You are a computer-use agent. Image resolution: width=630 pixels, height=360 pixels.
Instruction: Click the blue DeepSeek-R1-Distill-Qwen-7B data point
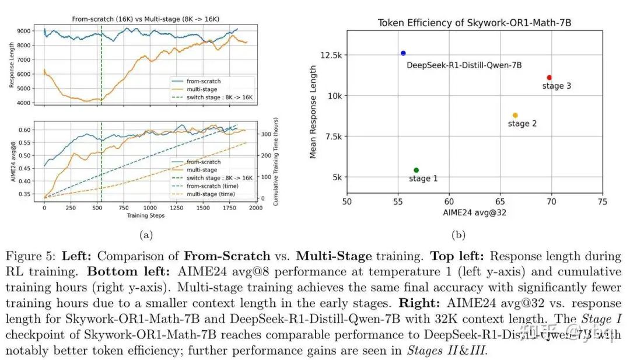tap(403, 53)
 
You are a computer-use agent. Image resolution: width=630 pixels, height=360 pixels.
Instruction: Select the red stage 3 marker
tap(549, 77)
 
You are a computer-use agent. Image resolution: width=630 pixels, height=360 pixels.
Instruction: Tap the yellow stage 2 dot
tap(515, 115)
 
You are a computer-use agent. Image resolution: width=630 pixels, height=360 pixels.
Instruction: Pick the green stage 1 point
tap(416, 170)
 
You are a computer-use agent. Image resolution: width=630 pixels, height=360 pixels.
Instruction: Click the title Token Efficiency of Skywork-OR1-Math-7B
tap(474, 23)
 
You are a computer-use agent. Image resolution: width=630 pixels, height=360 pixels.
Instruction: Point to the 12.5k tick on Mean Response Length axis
tap(331, 55)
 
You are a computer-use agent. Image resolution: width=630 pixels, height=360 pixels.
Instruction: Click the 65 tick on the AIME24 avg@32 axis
tap(500, 201)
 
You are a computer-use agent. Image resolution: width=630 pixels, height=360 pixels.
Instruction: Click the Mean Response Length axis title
tap(313, 112)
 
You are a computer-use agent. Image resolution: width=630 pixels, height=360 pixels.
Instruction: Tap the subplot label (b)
tap(458, 235)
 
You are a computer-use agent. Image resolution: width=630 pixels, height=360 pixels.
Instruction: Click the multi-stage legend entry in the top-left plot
tap(202, 89)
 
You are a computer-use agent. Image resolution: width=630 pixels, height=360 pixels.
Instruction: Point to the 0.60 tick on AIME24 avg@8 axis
tap(24, 130)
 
